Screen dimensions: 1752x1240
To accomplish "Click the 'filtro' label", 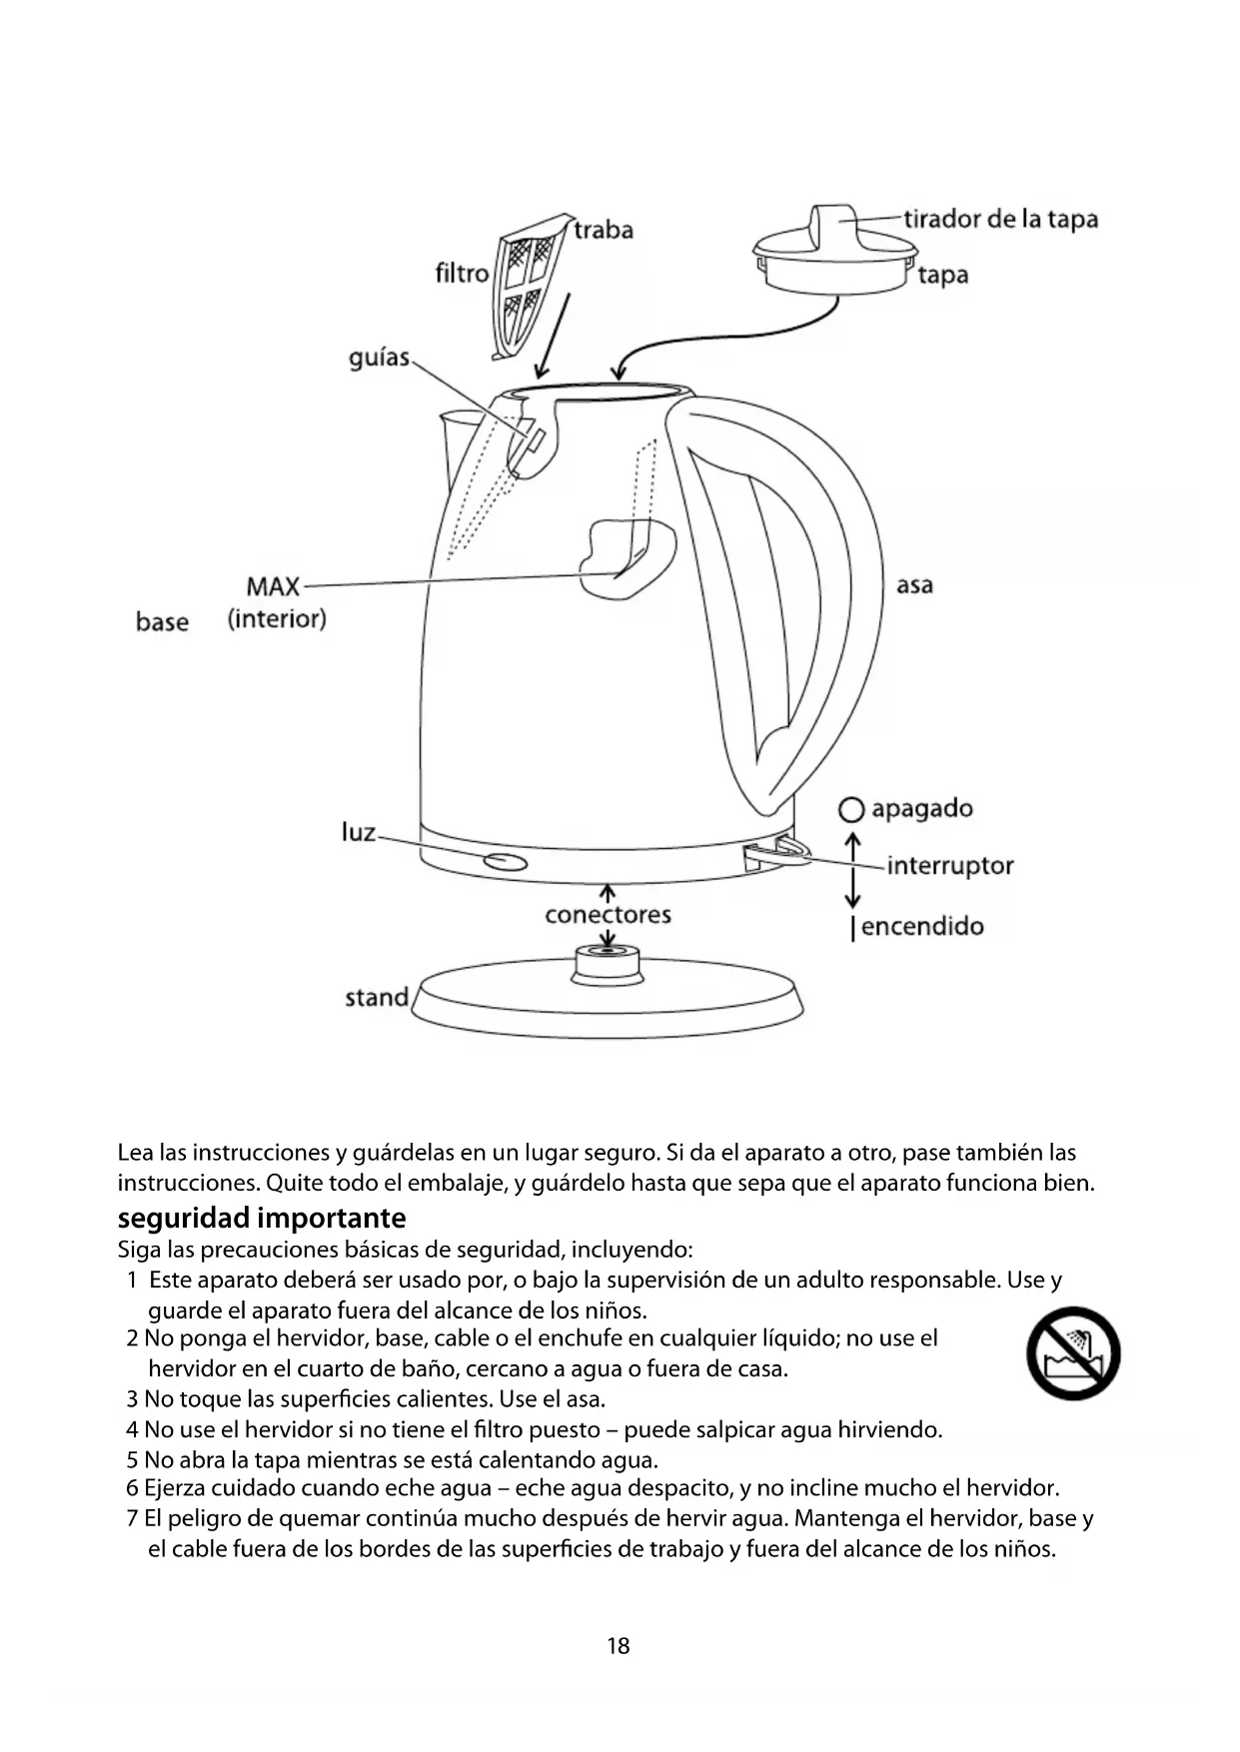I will click(x=462, y=273).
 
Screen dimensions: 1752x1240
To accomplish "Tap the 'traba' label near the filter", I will click(x=604, y=230).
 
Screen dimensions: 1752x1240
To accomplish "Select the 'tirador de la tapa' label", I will click(x=1000, y=219).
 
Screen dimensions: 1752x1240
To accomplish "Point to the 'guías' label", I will click(x=380, y=357).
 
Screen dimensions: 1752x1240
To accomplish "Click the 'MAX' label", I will click(x=273, y=585).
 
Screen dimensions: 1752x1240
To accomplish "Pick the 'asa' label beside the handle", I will click(x=914, y=585).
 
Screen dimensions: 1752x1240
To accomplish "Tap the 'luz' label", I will click(x=359, y=832).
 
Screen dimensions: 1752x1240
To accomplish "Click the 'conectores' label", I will click(x=608, y=914).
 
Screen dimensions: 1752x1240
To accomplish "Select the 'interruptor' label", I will click(x=949, y=865).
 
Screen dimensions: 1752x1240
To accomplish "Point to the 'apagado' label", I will click(x=921, y=808).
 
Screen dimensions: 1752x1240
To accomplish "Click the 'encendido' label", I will click(x=921, y=926).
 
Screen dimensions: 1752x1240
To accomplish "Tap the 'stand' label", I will click(x=377, y=997).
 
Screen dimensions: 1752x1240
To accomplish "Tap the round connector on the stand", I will click(x=608, y=961).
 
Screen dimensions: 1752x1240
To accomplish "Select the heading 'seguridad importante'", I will click(x=262, y=1218).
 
